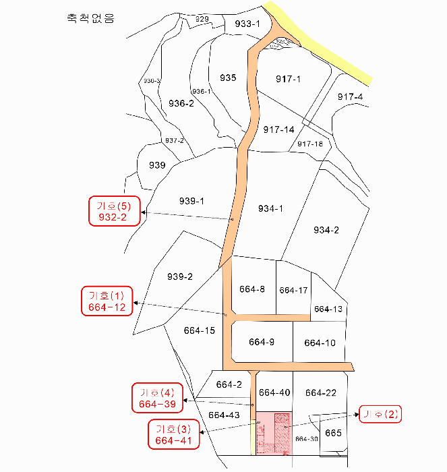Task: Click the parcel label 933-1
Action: (247, 24)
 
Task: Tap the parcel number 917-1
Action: (288, 79)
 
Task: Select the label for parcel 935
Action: (228, 78)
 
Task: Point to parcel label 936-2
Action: (181, 103)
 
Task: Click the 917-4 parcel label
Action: (350, 97)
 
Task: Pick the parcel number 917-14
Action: (278, 129)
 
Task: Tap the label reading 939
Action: (157, 165)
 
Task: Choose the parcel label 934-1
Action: (270, 208)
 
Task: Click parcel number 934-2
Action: (326, 230)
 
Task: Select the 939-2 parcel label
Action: (180, 276)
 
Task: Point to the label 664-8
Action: (252, 289)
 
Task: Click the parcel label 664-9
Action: (262, 342)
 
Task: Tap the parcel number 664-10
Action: (320, 343)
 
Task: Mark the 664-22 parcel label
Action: (320, 393)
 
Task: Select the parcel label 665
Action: (334, 432)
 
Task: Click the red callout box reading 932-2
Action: (114, 210)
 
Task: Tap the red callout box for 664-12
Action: (107, 301)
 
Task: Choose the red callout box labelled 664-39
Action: (157, 398)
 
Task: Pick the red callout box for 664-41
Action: (174, 435)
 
